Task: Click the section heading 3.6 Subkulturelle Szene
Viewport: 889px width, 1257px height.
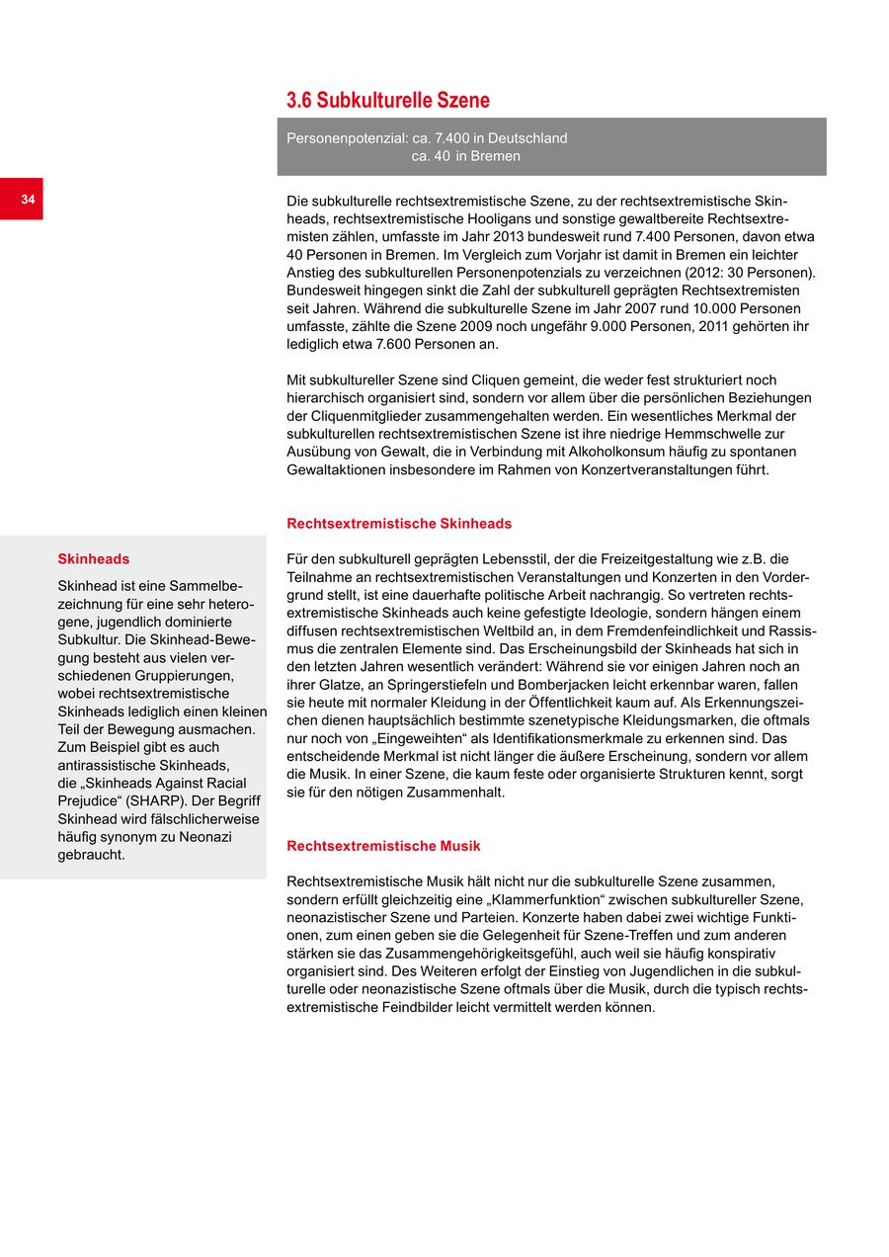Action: tap(388, 101)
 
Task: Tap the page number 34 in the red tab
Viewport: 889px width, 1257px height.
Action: tap(28, 200)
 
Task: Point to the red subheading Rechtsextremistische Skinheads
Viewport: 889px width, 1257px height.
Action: tap(399, 524)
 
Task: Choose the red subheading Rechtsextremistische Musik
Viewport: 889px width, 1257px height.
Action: tap(383, 846)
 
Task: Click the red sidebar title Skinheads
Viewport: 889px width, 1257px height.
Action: tap(93, 559)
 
